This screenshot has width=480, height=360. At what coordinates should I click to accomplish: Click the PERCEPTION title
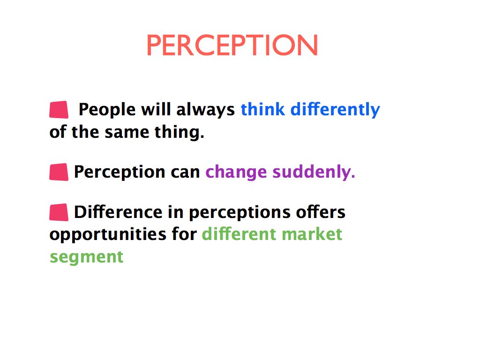click(232, 45)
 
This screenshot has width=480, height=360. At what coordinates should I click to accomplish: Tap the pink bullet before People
click(59, 110)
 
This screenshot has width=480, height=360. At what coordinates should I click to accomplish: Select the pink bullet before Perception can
click(59, 172)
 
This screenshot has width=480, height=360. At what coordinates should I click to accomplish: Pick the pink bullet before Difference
click(59, 212)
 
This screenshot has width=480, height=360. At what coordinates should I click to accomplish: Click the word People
click(107, 109)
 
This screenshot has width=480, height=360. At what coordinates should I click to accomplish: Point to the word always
click(205, 110)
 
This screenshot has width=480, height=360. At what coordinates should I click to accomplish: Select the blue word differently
click(335, 110)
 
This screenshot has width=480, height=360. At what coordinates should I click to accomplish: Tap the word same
click(127, 133)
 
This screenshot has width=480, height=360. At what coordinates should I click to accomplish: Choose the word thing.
click(179, 132)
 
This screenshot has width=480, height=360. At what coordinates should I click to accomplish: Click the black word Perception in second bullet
click(120, 172)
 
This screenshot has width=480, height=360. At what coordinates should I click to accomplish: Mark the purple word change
click(236, 172)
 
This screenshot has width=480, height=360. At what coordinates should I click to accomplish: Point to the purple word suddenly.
click(314, 172)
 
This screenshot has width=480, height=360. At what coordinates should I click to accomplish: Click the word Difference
click(118, 212)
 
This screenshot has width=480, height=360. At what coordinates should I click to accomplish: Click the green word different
click(239, 234)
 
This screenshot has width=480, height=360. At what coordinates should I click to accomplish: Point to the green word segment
click(86, 257)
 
